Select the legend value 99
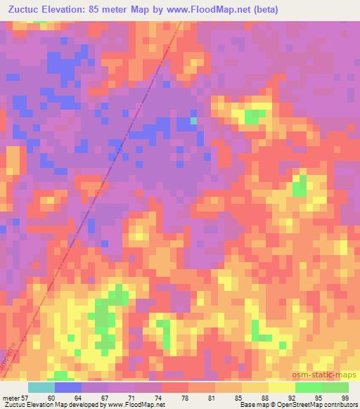345,397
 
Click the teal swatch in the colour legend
41,387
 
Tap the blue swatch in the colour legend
68,387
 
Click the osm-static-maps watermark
323,375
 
